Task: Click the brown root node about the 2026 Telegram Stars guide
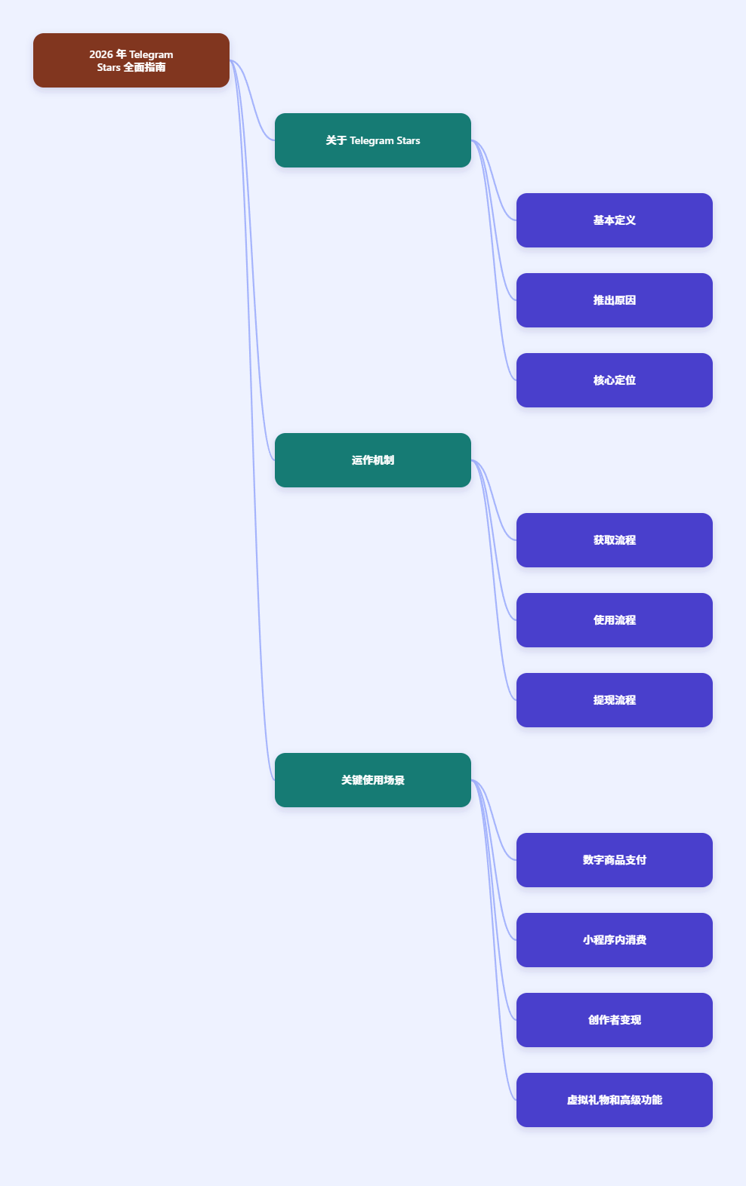[x=131, y=60]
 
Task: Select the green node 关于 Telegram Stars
[x=373, y=140]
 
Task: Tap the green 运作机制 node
[x=373, y=460]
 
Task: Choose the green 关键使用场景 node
[x=373, y=780]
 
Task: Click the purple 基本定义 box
[x=615, y=220]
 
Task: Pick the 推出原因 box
[x=615, y=300]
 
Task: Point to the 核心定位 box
[x=615, y=380]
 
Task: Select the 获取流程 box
[x=615, y=540]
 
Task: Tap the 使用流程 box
[x=615, y=620]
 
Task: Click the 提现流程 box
[x=615, y=700]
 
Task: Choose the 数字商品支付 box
[x=615, y=860]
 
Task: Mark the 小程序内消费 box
[x=615, y=940]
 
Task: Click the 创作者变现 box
[x=615, y=1020]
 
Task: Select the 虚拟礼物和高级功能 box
[x=615, y=1100]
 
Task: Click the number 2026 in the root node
[x=100, y=54]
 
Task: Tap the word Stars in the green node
[x=408, y=140]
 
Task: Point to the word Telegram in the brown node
[x=151, y=55]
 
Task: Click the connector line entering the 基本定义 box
[x=494, y=180]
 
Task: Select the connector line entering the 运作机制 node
[x=251, y=260]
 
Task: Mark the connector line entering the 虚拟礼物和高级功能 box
[x=494, y=940]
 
